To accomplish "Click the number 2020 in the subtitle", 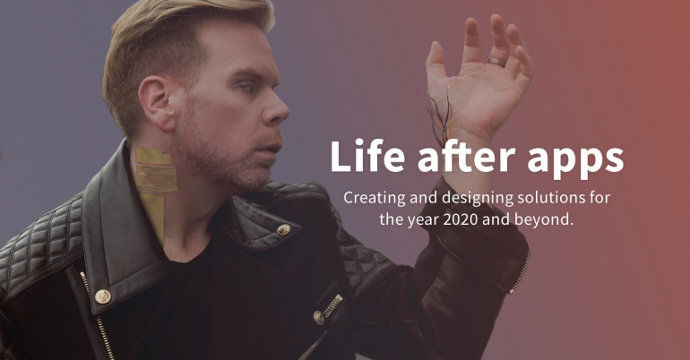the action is coord(461,219).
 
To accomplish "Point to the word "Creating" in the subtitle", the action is coord(375,197).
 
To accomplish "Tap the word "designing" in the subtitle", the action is coord(477,198).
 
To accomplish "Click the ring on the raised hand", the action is coord(496,63).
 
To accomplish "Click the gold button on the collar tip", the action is coord(283,229).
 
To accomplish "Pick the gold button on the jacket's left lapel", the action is coord(103,296).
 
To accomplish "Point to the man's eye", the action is coord(249,88).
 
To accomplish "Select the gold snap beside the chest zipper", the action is coord(319,317).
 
